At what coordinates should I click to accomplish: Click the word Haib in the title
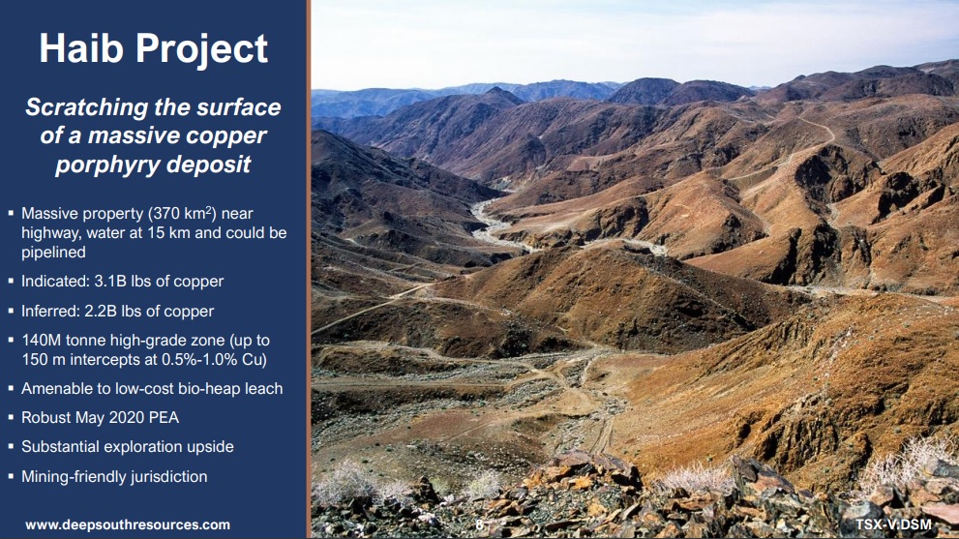81,48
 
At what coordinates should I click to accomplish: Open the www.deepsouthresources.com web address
128,524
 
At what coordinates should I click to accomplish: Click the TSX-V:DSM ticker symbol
893,524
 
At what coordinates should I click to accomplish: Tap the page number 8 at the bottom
480,524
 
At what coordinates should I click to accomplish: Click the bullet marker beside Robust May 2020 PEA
11,418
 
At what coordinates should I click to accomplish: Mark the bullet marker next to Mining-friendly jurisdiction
11,477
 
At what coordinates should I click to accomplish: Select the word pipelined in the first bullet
54,253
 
